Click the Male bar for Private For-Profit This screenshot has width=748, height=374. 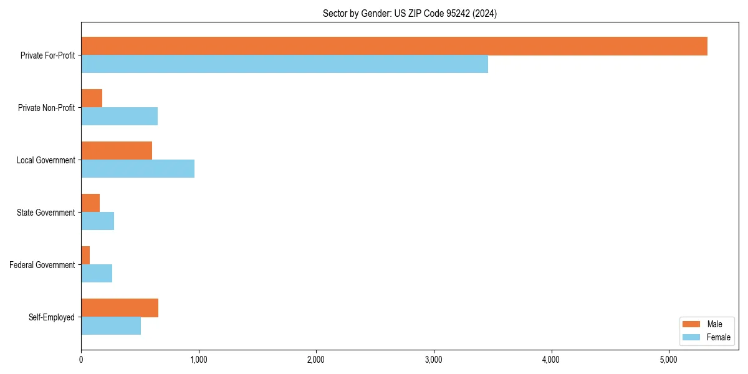(x=394, y=46)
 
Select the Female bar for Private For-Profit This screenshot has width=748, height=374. (x=284, y=64)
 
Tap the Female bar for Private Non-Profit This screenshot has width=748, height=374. (x=119, y=117)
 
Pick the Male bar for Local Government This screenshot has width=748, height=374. (x=117, y=151)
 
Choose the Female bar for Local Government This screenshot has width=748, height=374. (x=138, y=169)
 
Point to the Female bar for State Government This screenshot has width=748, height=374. (x=97, y=221)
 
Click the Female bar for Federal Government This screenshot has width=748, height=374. (x=97, y=274)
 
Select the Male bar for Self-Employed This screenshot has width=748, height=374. (x=120, y=308)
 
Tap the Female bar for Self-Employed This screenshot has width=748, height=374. (x=111, y=326)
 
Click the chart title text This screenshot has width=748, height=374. (x=410, y=13)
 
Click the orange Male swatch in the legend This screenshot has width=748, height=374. (x=692, y=324)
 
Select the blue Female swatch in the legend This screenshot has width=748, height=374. (x=692, y=337)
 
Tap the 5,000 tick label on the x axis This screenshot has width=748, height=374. (x=668, y=360)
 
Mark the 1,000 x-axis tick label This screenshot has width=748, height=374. (x=198, y=360)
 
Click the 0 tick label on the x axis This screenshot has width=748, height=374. (x=81, y=360)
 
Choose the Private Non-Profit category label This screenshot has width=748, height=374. (x=46, y=108)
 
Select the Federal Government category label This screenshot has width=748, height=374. (x=42, y=265)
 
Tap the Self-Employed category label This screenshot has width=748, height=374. (x=52, y=317)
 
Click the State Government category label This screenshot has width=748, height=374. (x=46, y=213)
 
